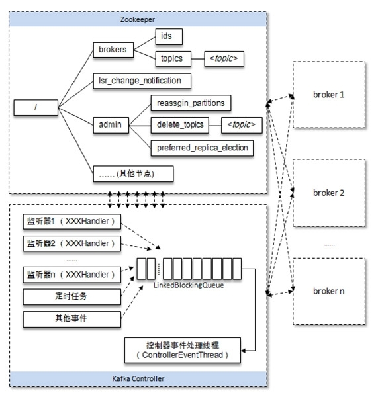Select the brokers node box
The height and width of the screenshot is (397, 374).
coord(114,49)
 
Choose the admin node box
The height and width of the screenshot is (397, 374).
coord(111,124)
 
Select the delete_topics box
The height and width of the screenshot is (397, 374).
coord(179,124)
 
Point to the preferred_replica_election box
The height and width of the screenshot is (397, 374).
coord(202,147)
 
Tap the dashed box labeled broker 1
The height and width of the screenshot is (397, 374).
coord(328,95)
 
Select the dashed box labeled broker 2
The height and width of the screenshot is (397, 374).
coord(328,192)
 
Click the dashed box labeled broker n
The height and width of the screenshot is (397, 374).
coord(328,290)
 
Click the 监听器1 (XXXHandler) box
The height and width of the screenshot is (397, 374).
coord(73,220)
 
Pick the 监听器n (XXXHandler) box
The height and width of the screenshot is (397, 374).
coord(73,274)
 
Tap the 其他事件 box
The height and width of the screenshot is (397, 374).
coord(73,318)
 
